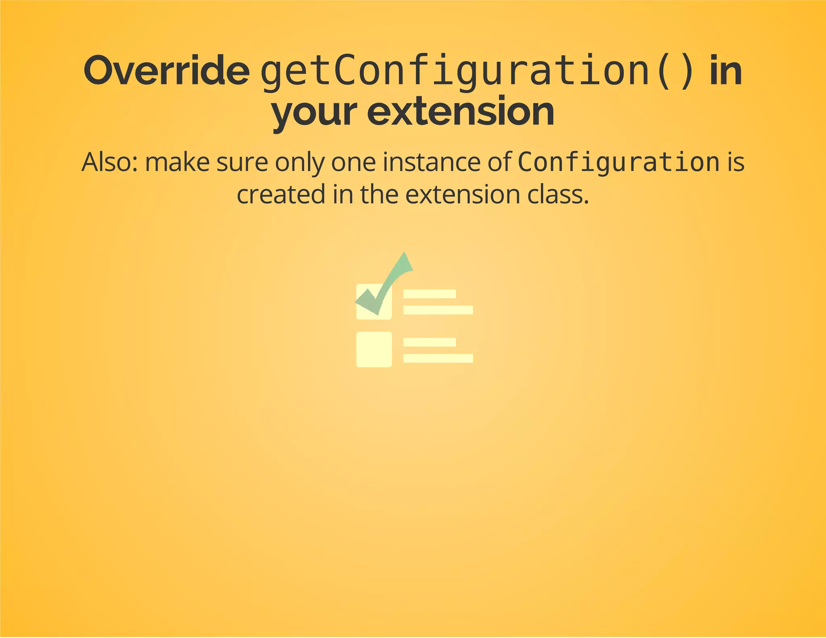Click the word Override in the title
166,71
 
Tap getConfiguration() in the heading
478,72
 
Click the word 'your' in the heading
314,112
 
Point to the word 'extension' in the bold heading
460,112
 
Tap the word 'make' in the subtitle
177,162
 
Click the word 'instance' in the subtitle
431,162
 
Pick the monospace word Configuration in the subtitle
618,162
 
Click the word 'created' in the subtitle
281,194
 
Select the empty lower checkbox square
374,349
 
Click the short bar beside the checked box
430,294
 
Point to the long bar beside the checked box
438,310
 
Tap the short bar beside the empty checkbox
430,342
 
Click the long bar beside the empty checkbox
438,358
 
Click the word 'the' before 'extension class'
379,194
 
